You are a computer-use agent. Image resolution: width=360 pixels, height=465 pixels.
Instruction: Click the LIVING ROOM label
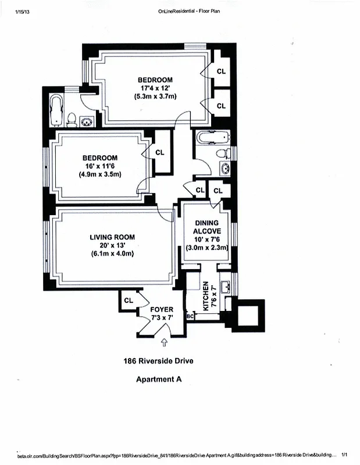112,237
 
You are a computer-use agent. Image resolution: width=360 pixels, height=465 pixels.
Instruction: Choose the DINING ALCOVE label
206,227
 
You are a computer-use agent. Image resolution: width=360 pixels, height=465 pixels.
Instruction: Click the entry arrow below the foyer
164,343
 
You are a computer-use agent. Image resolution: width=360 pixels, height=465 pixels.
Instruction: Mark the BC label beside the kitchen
190,316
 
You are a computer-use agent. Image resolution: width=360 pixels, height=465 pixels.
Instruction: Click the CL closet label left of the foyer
129,301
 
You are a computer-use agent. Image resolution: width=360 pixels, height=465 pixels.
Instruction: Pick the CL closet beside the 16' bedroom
160,152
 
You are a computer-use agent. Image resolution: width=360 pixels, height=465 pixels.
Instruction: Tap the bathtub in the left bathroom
56,110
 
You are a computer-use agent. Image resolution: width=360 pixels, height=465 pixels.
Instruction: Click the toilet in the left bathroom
72,120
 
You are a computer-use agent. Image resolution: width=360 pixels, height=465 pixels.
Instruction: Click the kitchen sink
226,286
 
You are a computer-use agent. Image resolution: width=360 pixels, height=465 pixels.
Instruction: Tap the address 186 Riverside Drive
158,360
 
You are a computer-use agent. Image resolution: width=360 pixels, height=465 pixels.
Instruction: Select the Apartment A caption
159,380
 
